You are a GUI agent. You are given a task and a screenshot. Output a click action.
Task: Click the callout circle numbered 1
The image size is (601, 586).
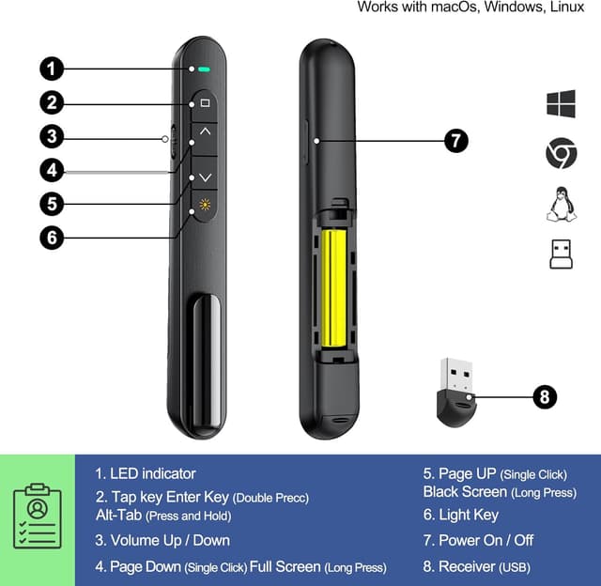(52, 69)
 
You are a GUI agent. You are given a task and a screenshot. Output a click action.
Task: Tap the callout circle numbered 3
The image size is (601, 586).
(52, 136)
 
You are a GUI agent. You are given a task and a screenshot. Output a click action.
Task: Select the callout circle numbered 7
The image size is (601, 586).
(455, 141)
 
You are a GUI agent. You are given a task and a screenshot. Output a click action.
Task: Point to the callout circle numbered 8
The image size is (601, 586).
(546, 396)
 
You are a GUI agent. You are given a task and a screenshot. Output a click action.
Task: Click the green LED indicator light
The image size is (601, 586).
(204, 69)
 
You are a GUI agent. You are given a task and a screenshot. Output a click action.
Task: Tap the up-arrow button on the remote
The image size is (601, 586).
(206, 134)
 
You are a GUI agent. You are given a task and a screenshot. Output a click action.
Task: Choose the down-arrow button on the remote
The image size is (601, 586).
(206, 176)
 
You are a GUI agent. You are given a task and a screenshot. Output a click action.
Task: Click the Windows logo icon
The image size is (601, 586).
(561, 103)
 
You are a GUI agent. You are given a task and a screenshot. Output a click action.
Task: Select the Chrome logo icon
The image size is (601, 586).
(561, 153)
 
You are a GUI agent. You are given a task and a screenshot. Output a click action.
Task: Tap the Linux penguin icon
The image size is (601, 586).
(561, 203)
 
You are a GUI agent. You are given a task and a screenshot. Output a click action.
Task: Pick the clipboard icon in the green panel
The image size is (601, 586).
(38, 515)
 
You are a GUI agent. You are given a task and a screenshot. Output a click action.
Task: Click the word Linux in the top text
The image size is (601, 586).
(574, 8)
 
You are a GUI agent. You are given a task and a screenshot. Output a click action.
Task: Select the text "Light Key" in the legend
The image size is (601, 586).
(468, 515)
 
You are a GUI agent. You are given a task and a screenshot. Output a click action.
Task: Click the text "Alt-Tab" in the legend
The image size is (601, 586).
(118, 515)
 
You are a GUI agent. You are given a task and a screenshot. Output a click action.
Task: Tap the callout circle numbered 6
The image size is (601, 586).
(52, 237)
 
